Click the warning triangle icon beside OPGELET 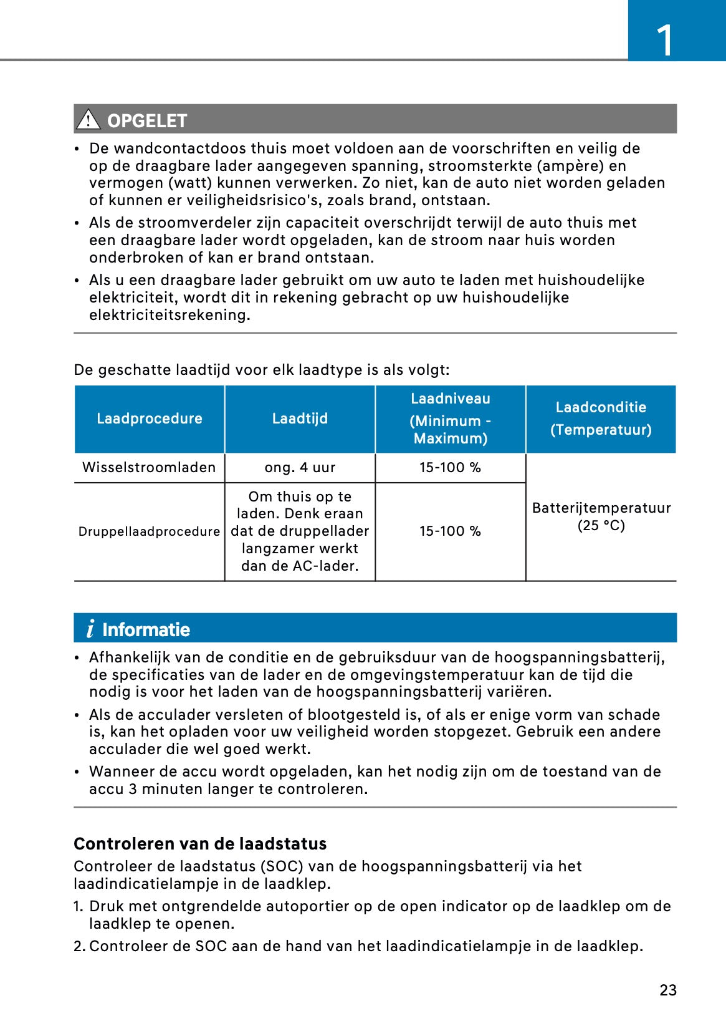pyautogui.click(x=88, y=119)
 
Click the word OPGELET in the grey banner pyautogui.click(x=147, y=120)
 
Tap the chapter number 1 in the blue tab pyautogui.click(x=665, y=41)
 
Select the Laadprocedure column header pyautogui.click(x=150, y=419)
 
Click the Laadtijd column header pyautogui.click(x=300, y=419)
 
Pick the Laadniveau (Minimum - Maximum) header pyautogui.click(x=450, y=419)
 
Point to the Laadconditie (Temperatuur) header pyautogui.click(x=601, y=419)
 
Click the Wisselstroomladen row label pyautogui.click(x=149, y=467)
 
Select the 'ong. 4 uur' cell pyautogui.click(x=300, y=467)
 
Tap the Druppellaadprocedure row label pyautogui.click(x=149, y=531)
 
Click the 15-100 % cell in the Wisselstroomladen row pyautogui.click(x=450, y=467)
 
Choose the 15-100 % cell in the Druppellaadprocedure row pyautogui.click(x=450, y=531)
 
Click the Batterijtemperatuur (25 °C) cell pyautogui.click(x=601, y=516)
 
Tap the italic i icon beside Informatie pyautogui.click(x=90, y=629)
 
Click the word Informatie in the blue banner pyautogui.click(x=146, y=629)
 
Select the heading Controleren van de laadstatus pyautogui.click(x=200, y=843)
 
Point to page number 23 pyautogui.click(x=668, y=990)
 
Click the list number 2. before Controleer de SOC pyautogui.click(x=79, y=946)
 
